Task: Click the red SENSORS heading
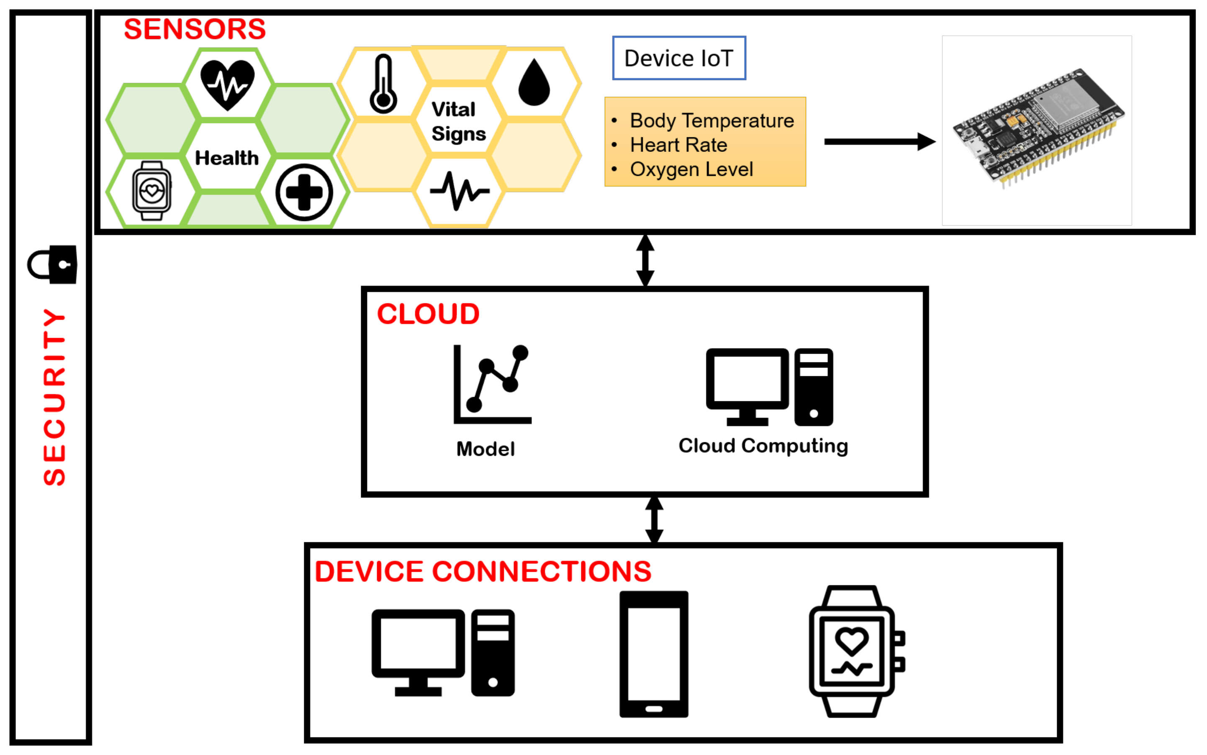[x=195, y=29]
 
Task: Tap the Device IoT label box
[x=679, y=58]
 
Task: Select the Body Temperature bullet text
[x=711, y=121]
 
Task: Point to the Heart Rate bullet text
[x=678, y=145]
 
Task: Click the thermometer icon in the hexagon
[x=383, y=84]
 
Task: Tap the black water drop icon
[x=534, y=82]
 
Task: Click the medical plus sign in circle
[x=304, y=192]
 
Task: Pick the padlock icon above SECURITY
[x=52, y=264]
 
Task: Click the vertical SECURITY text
[x=54, y=397]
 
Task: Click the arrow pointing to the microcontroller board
[x=880, y=142]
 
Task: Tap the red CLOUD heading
[x=428, y=314]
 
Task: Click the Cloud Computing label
[x=763, y=446]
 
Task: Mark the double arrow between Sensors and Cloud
[x=645, y=260]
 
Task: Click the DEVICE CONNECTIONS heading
[x=483, y=571]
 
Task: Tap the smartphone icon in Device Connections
[x=654, y=654]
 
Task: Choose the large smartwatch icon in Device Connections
[x=856, y=651]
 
